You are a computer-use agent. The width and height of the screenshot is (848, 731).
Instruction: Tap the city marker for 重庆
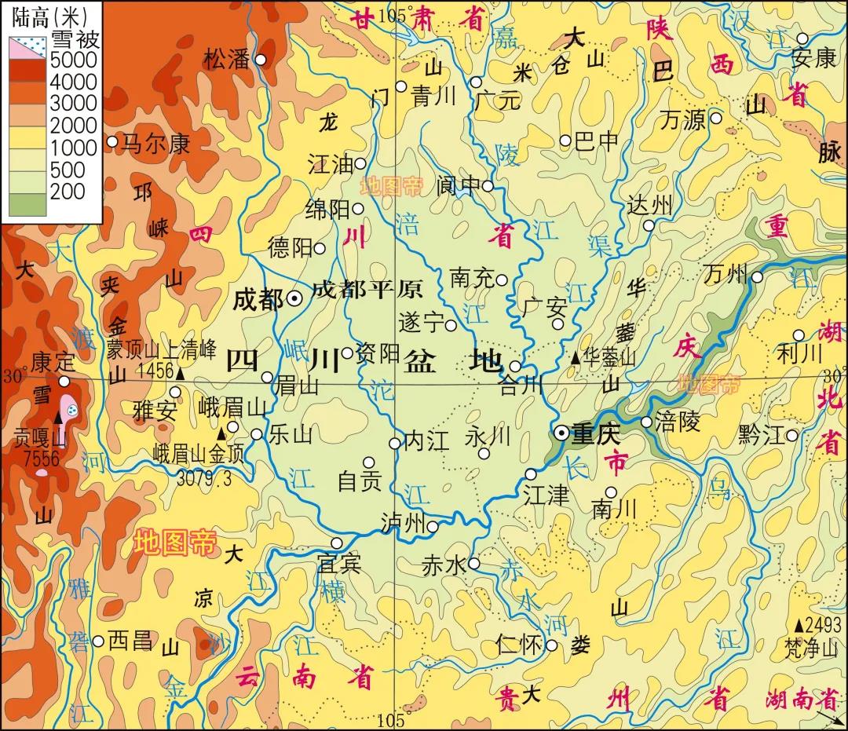click(x=561, y=433)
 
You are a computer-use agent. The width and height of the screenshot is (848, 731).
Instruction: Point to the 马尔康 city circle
click(x=112, y=141)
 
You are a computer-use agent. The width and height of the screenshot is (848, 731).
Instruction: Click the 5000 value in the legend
click(x=74, y=60)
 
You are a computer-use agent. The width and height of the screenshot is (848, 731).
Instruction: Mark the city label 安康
click(x=813, y=59)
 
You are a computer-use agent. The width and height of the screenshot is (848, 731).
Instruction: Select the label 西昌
click(x=131, y=640)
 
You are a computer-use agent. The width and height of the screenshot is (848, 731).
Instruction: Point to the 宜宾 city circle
click(x=337, y=543)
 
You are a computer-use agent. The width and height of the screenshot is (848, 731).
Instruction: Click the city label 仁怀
click(x=520, y=645)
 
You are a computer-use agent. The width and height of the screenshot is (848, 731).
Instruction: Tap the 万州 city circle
click(x=757, y=276)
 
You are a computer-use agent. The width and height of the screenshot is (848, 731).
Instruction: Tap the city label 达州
click(x=650, y=206)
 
